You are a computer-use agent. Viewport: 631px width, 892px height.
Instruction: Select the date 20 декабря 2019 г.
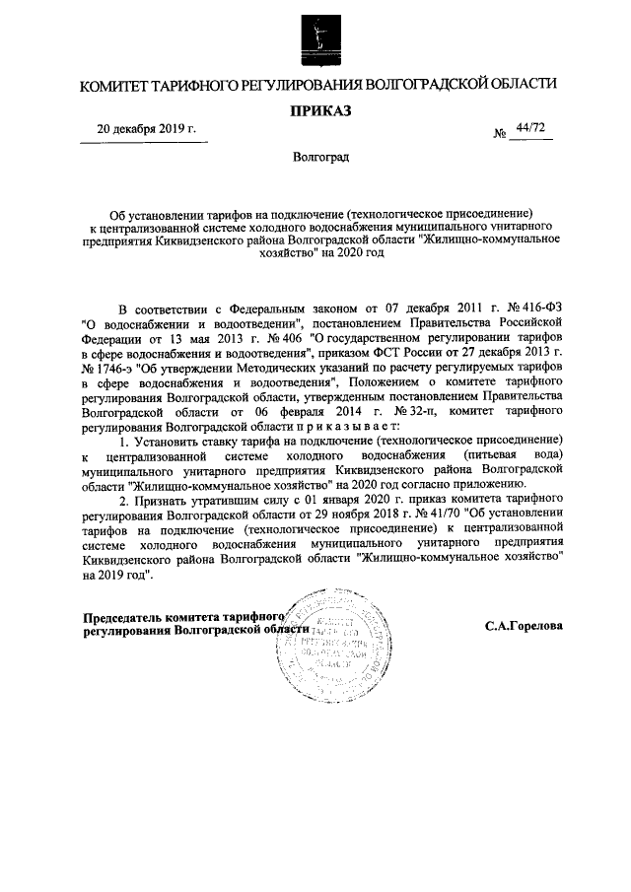146,129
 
